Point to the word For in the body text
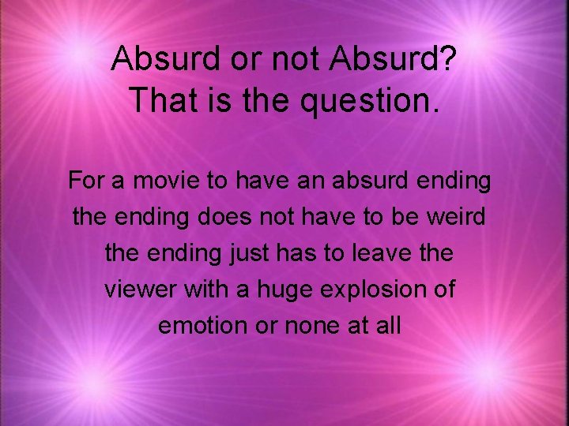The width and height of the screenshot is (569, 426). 85,181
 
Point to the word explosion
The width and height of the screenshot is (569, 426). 370,290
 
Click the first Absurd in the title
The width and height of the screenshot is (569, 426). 160,58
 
